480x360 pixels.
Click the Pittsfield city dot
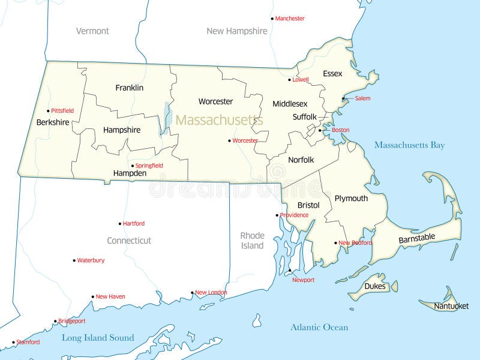coord(48,110)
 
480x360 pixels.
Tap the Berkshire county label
coord(53,122)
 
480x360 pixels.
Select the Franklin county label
coord(130,88)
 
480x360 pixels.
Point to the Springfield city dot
coord(133,166)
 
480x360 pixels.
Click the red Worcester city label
coord(245,140)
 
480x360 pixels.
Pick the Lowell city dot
coord(289,79)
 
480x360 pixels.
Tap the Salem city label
coord(362,98)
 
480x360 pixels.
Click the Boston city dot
coord(320,130)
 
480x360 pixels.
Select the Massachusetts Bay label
coord(409,145)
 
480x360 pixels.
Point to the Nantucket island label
coord(451,306)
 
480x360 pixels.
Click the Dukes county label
coord(375,286)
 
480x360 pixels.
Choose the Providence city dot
coord(277,215)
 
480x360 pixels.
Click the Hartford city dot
coord(120,224)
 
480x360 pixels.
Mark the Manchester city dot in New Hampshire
coord(272,19)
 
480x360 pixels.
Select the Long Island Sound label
coord(98,338)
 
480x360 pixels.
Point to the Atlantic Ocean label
coord(319,327)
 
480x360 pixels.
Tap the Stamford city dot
coord(13,343)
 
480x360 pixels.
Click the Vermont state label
coord(92,31)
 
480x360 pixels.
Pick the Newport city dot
coord(290,271)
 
